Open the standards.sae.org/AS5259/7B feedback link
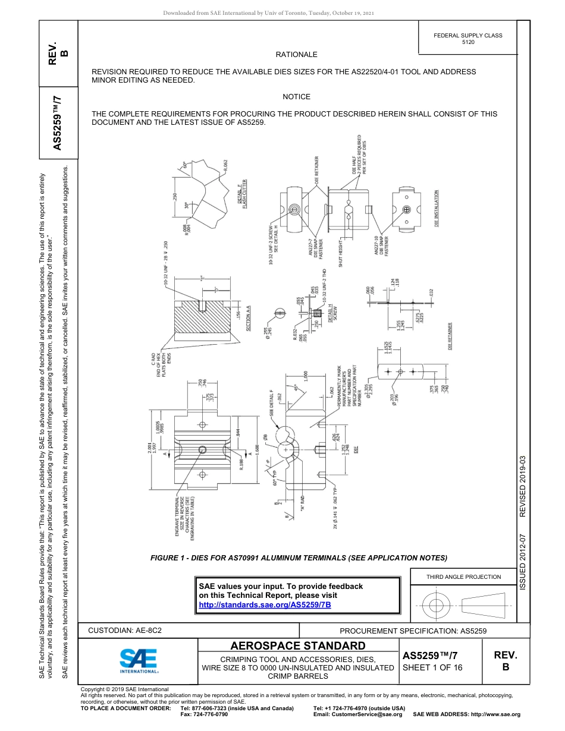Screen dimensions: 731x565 click(264, 604)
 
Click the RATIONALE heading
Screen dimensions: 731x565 click(296, 55)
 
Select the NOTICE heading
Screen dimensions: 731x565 click(296, 97)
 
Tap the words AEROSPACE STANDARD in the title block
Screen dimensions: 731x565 click(298, 646)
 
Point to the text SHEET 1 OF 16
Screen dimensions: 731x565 click(432, 667)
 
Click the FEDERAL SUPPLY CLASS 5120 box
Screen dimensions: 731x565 click(468, 39)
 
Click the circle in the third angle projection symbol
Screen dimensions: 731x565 click(436, 606)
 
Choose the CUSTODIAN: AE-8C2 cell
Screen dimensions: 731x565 click(125, 630)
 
